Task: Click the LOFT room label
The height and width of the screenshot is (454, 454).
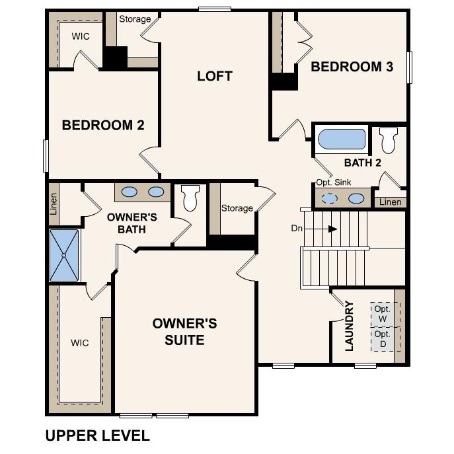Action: (x=215, y=76)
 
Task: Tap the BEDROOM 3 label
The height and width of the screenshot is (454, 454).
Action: (x=352, y=67)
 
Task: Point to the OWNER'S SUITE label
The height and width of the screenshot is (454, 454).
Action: (x=184, y=332)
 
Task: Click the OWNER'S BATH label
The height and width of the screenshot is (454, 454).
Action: (x=132, y=223)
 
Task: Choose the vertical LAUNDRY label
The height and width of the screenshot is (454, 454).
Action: (x=350, y=326)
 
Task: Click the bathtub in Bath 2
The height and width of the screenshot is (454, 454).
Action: (x=342, y=139)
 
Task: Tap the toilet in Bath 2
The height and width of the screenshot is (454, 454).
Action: (x=387, y=140)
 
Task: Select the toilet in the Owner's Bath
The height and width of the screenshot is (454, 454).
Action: (x=190, y=197)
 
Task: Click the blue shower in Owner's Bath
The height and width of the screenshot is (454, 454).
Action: (x=64, y=254)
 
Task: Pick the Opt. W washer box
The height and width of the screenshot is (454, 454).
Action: (x=382, y=314)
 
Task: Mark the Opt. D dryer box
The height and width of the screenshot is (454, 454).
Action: (x=382, y=339)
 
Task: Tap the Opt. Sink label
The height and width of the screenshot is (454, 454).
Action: (x=332, y=182)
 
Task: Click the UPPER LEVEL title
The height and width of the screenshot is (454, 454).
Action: (x=97, y=435)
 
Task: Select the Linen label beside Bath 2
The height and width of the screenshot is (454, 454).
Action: (x=389, y=202)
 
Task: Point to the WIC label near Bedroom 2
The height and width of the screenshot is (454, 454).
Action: (x=81, y=36)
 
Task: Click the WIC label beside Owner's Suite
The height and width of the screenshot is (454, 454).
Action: (x=80, y=343)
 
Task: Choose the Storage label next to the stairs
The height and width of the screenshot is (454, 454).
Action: (x=237, y=208)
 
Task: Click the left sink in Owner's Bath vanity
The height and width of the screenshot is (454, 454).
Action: (x=130, y=192)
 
